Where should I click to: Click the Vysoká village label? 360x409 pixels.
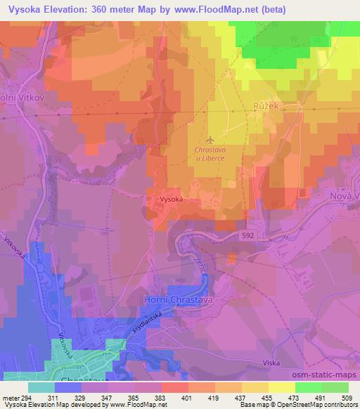click(x=172, y=200)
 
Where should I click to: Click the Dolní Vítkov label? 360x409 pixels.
click(x=16, y=99)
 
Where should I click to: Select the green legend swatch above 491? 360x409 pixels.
click(x=310, y=387)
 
